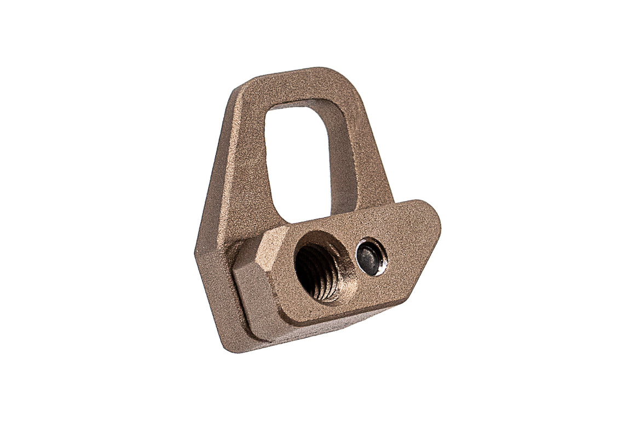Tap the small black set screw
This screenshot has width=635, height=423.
[371, 258]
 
